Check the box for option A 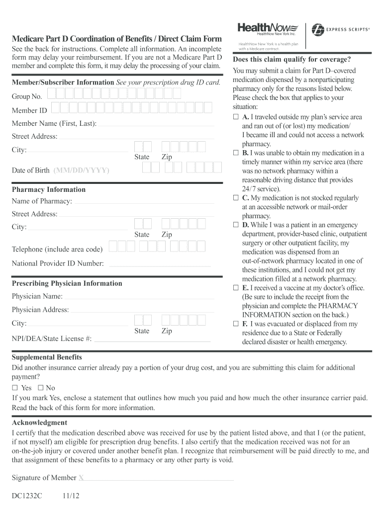[x=236, y=117]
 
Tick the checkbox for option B [x=236, y=153]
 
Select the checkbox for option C [x=236, y=198]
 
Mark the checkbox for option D [x=236, y=225]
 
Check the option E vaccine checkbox [x=236, y=288]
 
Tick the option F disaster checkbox [x=236, y=324]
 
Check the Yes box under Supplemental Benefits [x=15, y=388]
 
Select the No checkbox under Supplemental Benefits [x=41, y=388]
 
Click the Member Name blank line [x=156, y=124]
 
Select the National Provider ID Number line [x=160, y=264]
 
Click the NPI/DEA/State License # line [x=152, y=340]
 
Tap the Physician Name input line [x=140, y=297]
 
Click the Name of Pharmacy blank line [x=144, y=202]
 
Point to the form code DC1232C [x=27, y=496]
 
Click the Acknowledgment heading [x=39, y=423]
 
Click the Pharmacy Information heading [x=49, y=189]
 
